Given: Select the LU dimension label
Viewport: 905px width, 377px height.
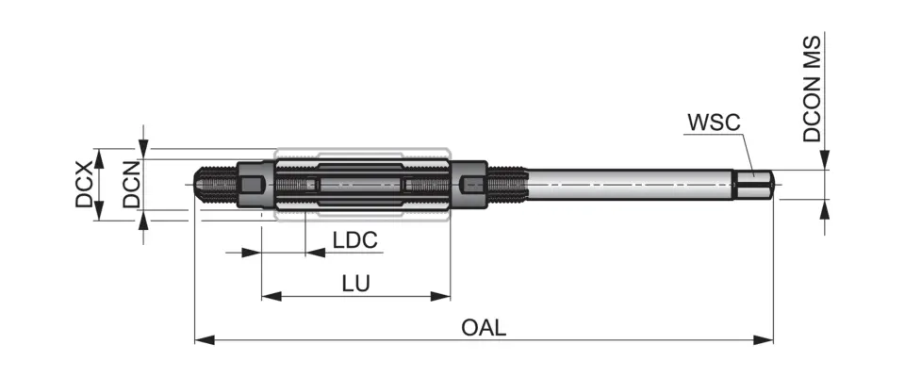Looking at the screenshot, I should coord(355,283).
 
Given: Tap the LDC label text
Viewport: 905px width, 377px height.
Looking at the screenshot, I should coord(355,240).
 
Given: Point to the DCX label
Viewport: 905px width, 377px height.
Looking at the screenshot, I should coord(85,184).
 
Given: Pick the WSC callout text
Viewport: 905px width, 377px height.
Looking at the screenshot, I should coord(714,123).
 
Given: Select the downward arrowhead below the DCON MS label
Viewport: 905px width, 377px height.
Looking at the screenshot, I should coord(826,162).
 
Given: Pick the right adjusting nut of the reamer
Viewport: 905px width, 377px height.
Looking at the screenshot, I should coord(473,184).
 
